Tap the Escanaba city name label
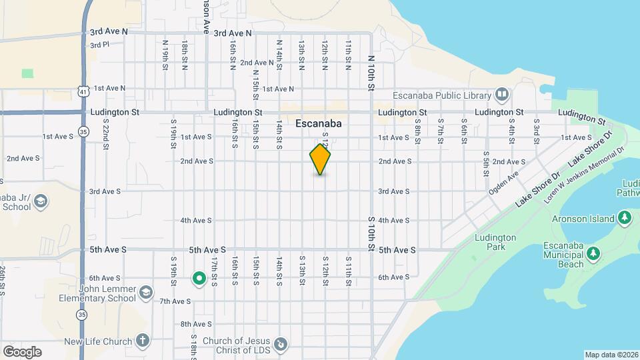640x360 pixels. point(318,123)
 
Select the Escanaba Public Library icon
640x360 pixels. point(503,94)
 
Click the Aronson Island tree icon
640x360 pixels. point(625,218)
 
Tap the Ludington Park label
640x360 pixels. point(495,242)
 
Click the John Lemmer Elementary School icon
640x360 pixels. point(145,292)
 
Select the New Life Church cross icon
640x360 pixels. point(141,341)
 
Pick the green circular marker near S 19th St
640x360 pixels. point(198,279)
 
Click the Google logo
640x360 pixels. point(22,351)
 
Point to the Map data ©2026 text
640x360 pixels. point(611,355)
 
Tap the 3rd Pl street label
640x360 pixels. point(99,45)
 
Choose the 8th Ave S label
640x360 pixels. point(196,325)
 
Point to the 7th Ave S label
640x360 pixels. point(175,301)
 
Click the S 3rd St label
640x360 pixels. point(536,126)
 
